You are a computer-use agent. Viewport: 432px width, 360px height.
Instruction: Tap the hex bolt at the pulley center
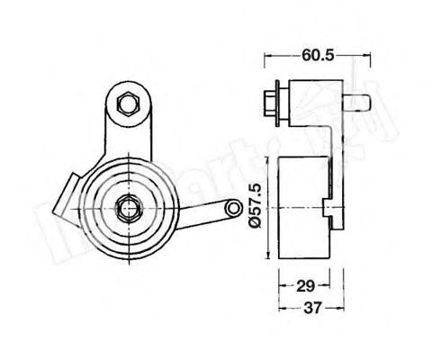click(x=127, y=211)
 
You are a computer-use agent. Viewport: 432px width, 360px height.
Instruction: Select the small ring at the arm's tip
click(x=236, y=210)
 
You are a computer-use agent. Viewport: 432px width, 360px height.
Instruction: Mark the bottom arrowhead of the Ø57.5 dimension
click(x=267, y=259)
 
